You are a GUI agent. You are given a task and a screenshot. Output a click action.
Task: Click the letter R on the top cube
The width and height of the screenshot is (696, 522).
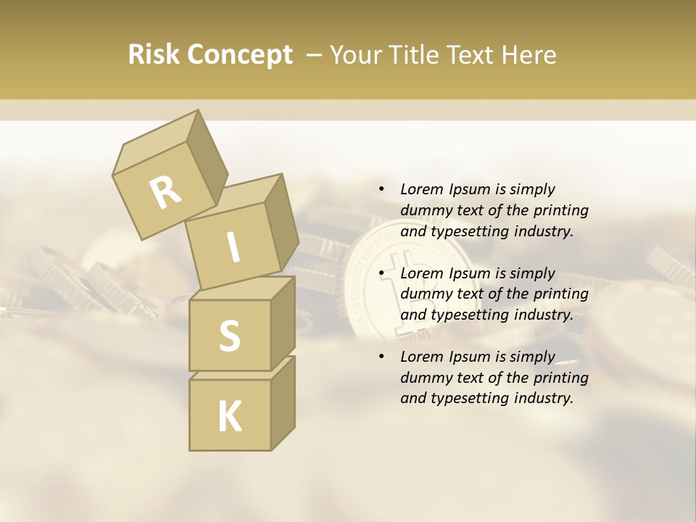165,193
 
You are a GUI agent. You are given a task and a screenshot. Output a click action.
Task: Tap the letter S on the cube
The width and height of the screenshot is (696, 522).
229,336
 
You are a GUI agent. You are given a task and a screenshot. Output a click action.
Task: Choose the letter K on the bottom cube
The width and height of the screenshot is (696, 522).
229,417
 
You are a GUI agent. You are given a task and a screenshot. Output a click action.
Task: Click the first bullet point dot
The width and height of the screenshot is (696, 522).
381,189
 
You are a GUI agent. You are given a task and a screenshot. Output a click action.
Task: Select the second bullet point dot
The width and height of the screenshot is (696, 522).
381,273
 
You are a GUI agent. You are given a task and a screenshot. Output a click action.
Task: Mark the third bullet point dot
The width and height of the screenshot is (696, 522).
381,357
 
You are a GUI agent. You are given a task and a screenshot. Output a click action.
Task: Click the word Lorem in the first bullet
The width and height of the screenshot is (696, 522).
421,189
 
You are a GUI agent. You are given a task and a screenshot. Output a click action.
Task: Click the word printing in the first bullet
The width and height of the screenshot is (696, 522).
561,211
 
